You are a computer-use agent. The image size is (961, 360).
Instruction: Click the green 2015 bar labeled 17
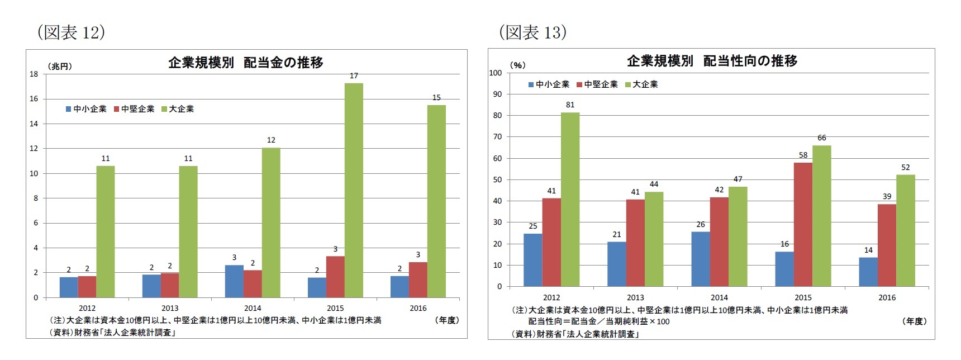[x=354, y=190]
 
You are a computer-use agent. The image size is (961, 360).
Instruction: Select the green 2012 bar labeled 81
[x=570, y=200]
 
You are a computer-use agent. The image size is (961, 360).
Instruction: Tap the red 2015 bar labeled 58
[x=803, y=224]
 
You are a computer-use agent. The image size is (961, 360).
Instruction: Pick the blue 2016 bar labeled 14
[x=868, y=272]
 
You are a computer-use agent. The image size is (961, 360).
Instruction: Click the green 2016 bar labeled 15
[x=436, y=201]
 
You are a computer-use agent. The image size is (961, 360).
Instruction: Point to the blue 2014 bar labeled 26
[x=700, y=259]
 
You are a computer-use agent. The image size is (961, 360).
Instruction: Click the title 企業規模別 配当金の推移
[x=246, y=63]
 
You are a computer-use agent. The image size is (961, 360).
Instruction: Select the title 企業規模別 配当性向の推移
[x=712, y=61]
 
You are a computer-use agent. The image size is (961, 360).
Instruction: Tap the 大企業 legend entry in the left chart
[x=178, y=109]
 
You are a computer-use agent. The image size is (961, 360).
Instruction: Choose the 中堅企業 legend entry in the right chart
[x=597, y=84]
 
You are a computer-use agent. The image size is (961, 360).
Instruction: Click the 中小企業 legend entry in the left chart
[x=86, y=109]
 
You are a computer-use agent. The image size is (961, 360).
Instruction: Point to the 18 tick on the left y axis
[x=34, y=74]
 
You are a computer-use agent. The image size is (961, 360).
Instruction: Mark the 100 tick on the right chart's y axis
[x=496, y=73]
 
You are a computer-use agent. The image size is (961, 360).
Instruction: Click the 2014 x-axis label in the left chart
[x=253, y=308]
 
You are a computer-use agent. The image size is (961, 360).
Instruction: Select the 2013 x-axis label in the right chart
[x=635, y=297]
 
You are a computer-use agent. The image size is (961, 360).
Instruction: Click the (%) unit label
[x=518, y=65]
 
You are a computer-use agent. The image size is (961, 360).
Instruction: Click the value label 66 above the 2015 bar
[x=821, y=138]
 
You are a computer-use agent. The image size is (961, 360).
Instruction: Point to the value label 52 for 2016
[x=905, y=167]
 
